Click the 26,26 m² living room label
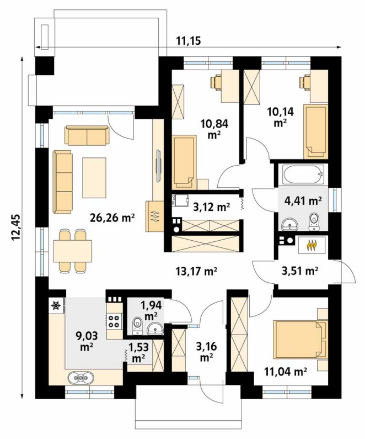point(112,218)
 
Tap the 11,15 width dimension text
point(189,41)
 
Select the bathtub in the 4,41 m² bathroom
point(303,174)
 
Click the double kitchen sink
point(80,378)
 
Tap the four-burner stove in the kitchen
point(114,321)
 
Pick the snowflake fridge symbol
point(56,305)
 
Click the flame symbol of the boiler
point(312,245)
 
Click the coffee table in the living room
point(94,177)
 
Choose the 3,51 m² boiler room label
point(299,271)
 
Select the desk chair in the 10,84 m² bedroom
point(216,83)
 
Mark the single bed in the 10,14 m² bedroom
point(315,131)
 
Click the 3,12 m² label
point(211,207)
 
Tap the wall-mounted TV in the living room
point(158,166)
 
